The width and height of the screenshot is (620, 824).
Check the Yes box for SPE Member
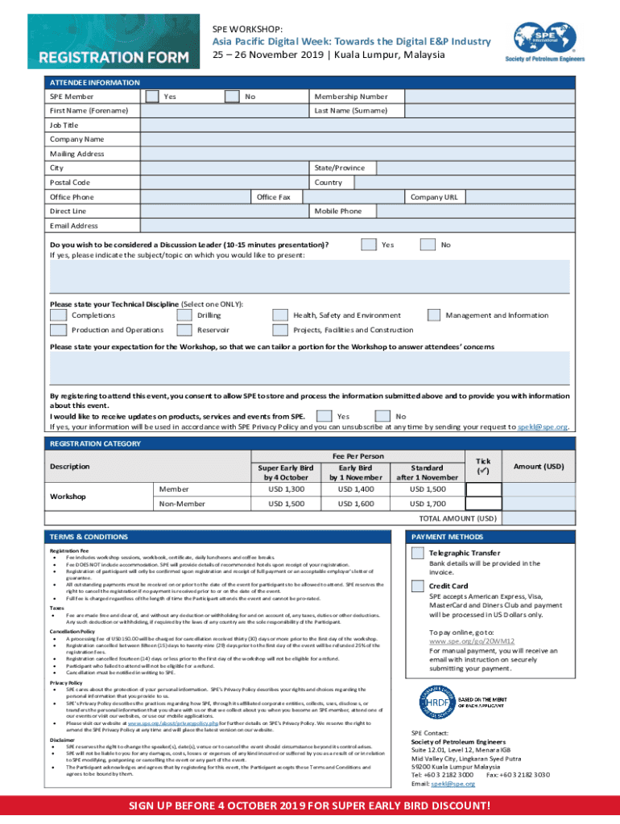tap(151, 97)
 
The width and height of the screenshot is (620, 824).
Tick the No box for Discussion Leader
tap(428, 244)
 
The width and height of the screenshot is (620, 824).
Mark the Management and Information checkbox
tap(434, 315)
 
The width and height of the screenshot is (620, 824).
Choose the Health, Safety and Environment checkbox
tap(279, 315)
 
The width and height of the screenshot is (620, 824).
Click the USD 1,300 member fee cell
tap(286, 488)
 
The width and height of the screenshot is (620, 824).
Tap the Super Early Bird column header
tap(286, 472)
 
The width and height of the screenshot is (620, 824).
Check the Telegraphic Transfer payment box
tap(417, 553)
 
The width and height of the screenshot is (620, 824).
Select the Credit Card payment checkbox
tap(417, 586)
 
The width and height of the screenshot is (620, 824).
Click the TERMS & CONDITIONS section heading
tap(89, 536)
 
